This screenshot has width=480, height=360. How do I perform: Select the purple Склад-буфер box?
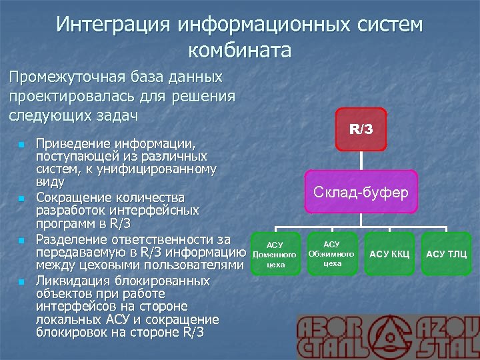click(361, 192)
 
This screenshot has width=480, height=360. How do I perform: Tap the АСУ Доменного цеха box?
click(275, 254)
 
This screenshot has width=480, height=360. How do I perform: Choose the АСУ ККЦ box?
click(390, 254)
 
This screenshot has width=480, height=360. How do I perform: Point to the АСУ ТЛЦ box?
click(446, 254)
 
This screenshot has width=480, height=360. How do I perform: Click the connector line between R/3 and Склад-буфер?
click(361, 160)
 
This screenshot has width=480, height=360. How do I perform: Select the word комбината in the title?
click(240, 50)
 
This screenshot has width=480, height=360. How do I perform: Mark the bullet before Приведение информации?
click(21, 144)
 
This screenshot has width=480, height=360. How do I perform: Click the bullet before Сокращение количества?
click(21, 198)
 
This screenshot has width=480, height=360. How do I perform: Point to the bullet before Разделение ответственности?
click(21, 239)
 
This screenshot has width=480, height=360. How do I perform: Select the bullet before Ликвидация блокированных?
click(21, 281)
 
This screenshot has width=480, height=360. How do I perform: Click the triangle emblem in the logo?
click(388, 337)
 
